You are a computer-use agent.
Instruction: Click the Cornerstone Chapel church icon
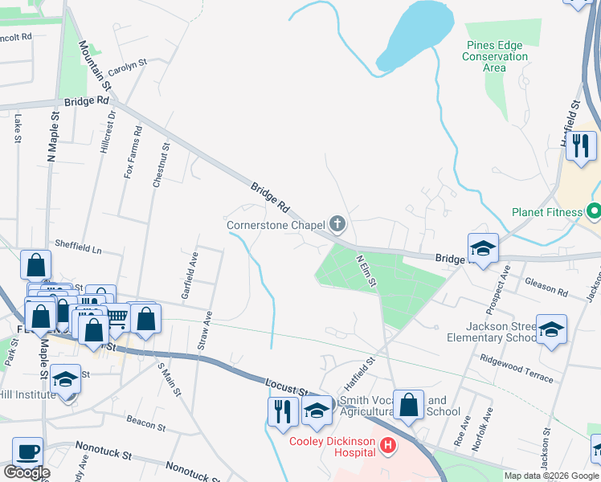coord(337,224)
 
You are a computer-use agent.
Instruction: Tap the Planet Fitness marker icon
coord(594,213)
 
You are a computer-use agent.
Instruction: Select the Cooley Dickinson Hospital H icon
coord(389,444)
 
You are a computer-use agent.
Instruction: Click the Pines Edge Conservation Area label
coord(495,57)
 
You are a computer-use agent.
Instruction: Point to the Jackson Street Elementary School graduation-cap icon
coord(551,329)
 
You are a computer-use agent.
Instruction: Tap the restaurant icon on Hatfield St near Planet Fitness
coord(580,145)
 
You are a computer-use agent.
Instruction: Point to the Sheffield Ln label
coord(78,247)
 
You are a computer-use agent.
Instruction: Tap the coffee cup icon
coord(28,452)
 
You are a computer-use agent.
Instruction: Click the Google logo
coord(27,472)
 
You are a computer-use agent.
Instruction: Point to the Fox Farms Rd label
coord(133,152)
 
